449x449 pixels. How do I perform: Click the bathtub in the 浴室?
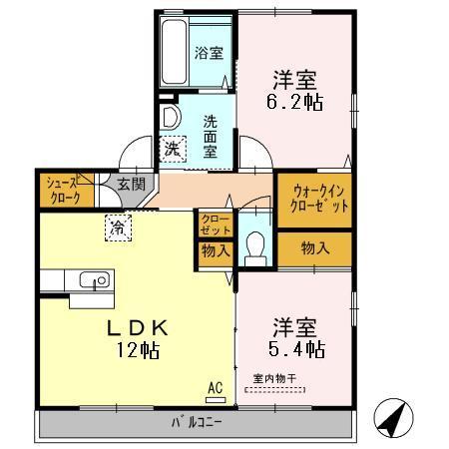[174, 52]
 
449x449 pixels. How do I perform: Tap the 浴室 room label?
[209, 53]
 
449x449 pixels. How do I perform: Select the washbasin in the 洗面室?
[170, 117]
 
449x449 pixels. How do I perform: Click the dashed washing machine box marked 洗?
[173, 149]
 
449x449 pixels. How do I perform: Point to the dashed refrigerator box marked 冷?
[118, 227]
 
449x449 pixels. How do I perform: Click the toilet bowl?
[255, 245]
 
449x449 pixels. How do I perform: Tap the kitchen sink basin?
[95, 279]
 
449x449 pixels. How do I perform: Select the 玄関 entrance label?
[131, 184]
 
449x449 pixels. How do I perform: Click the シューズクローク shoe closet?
[67, 190]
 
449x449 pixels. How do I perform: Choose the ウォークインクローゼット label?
[318, 200]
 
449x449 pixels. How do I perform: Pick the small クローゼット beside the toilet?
[216, 224]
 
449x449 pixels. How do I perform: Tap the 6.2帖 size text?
[294, 103]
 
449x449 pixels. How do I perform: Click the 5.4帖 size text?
[296, 349]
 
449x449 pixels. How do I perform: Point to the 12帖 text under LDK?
[138, 350]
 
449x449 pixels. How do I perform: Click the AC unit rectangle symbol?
[216, 400]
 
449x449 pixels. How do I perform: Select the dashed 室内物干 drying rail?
[274, 390]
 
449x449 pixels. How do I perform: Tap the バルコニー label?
[197, 422]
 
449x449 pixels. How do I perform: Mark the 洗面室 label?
[211, 137]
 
